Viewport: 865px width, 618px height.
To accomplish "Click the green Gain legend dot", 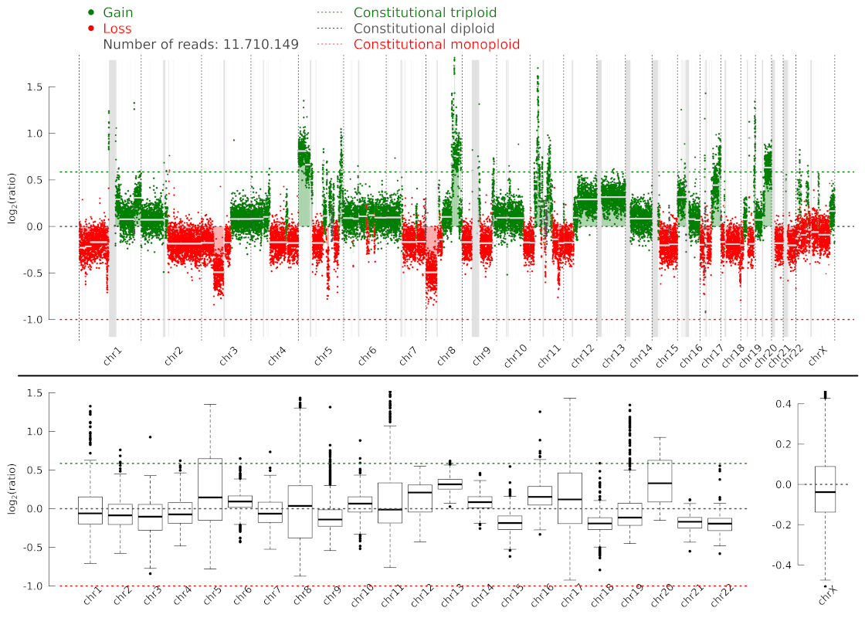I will tap(91, 13).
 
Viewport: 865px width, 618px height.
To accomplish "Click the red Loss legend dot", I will tap(91, 29).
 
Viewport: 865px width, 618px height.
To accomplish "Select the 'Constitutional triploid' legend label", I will tap(425, 13).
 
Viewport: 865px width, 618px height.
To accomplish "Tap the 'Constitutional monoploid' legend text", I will tap(436, 45).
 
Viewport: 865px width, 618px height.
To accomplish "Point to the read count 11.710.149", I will tap(262, 45).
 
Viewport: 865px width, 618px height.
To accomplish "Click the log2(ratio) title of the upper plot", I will tap(13, 203).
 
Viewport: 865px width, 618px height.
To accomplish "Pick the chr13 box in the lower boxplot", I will tap(449, 484).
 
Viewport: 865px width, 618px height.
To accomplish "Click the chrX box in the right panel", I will tap(826, 489).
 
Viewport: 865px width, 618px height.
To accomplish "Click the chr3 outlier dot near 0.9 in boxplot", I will tap(150, 437).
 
